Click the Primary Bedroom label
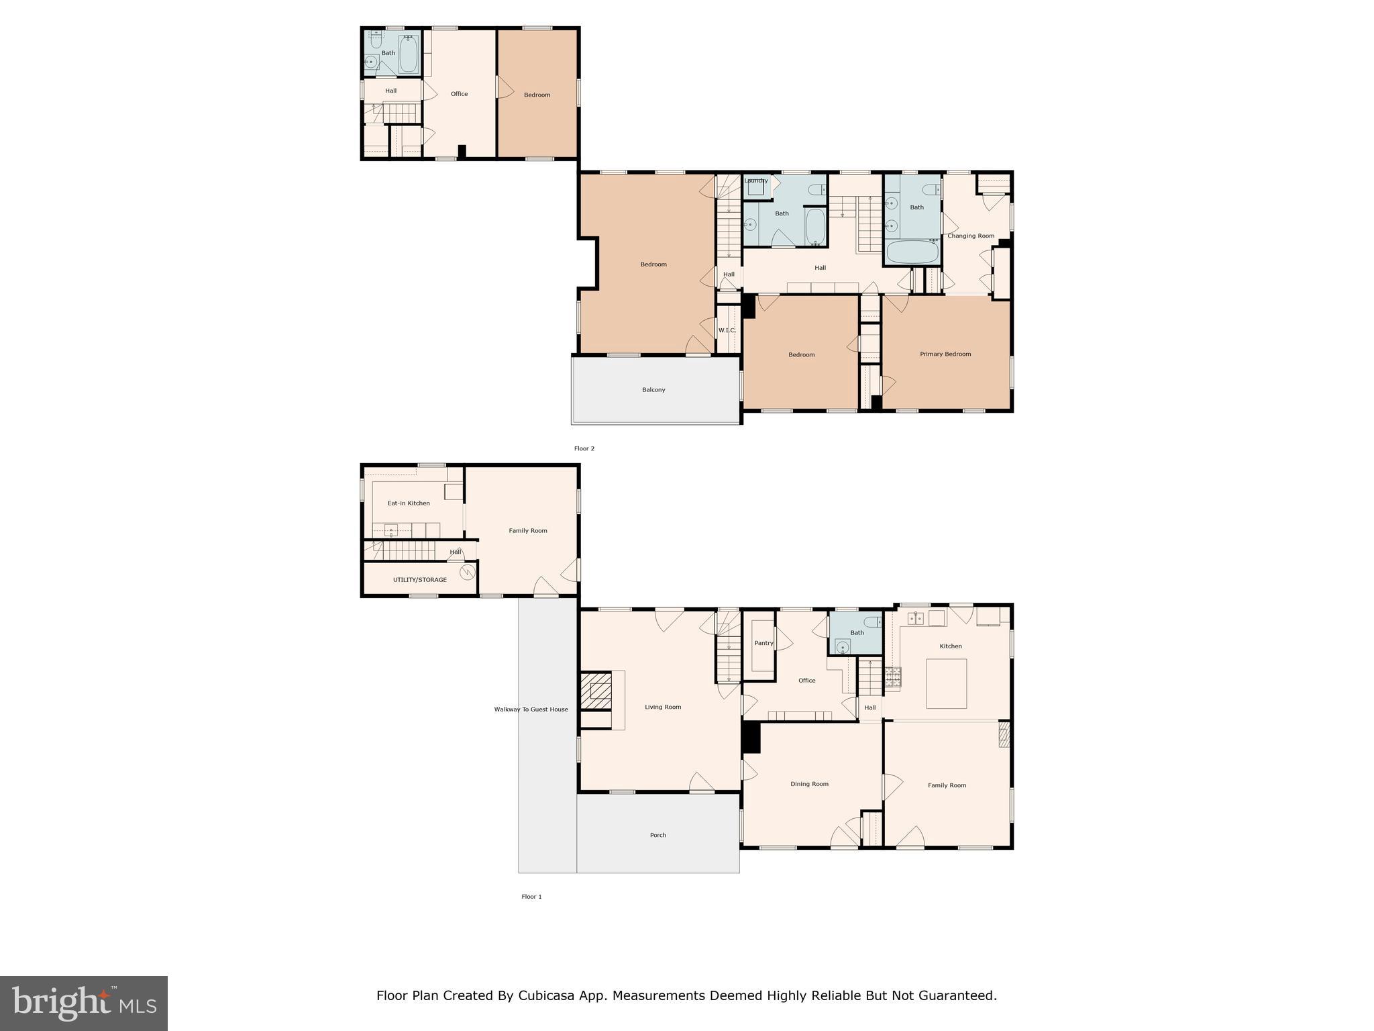pyautogui.click(x=945, y=354)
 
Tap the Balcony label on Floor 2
pyautogui.click(x=653, y=390)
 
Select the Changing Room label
pyautogui.click(x=971, y=236)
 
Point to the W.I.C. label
pyautogui.click(x=727, y=330)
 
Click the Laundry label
pyautogui.click(x=756, y=181)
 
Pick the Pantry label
pyautogui.click(x=763, y=643)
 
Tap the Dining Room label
pyautogui.click(x=809, y=784)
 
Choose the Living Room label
pyautogui.click(x=663, y=707)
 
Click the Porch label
pyautogui.click(x=658, y=836)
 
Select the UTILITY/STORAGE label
pyautogui.click(x=420, y=580)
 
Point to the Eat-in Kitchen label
pyautogui.click(x=409, y=503)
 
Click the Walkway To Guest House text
pyautogui.click(x=531, y=709)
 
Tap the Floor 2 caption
pyautogui.click(x=584, y=448)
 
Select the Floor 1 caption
pyautogui.click(x=531, y=897)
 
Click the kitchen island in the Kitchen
pyautogui.click(x=947, y=684)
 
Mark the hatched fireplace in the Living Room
pyautogui.click(x=596, y=691)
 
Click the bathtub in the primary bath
pyautogui.click(x=913, y=252)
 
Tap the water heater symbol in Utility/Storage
pyautogui.click(x=468, y=573)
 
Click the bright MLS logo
pyautogui.click(x=84, y=1003)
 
